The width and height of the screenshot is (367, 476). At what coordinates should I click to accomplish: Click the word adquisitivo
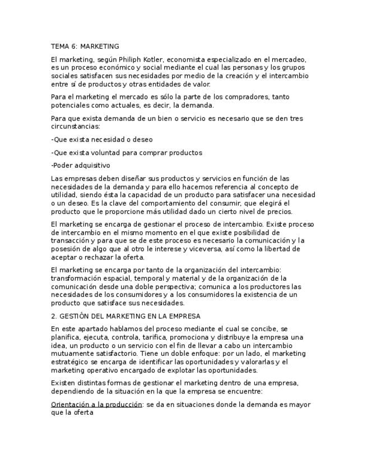click(93, 166)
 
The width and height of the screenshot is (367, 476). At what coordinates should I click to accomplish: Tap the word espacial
click(115, 278)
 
